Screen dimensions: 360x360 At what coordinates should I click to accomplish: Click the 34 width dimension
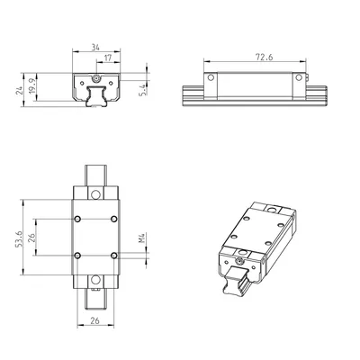coord(95,47)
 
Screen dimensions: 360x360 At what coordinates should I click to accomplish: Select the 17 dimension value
coord(108,58)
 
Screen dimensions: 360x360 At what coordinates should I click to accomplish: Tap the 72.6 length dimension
coord(265,57)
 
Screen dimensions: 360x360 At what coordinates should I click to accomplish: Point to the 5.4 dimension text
coord(143,90)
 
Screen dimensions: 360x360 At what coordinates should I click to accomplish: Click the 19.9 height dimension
coord(32,86)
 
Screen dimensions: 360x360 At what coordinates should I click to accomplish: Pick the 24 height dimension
coord(20,91)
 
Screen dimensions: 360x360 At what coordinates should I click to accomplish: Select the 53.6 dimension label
coord(20,238)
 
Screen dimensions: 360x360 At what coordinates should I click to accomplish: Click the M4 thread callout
coord(142,238)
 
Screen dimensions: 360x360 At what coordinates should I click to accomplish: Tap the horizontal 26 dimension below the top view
coord(94,320)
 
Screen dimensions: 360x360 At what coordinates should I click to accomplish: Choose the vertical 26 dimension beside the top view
coord(32,238)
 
